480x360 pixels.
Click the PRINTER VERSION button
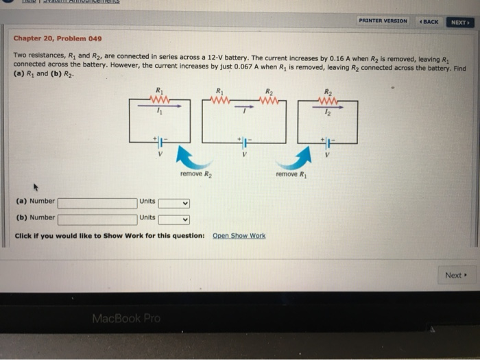pyautogui.click(x=383, y=21)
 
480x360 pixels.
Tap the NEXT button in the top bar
pyautogui.click(x=459, y=21)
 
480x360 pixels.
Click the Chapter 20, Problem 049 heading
pyautogui.click(x=58, y=39)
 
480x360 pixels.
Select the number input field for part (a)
pyautogui.click(x=97, y=202)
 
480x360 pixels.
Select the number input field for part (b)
pyautogui.click(x=97, y=219)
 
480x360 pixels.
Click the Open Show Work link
pyautogui.click(x=239, y=236)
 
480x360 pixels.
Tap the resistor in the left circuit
pyautogui.click(x=160, y=99)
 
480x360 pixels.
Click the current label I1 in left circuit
pyautogui.click(x=160, y=112)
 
